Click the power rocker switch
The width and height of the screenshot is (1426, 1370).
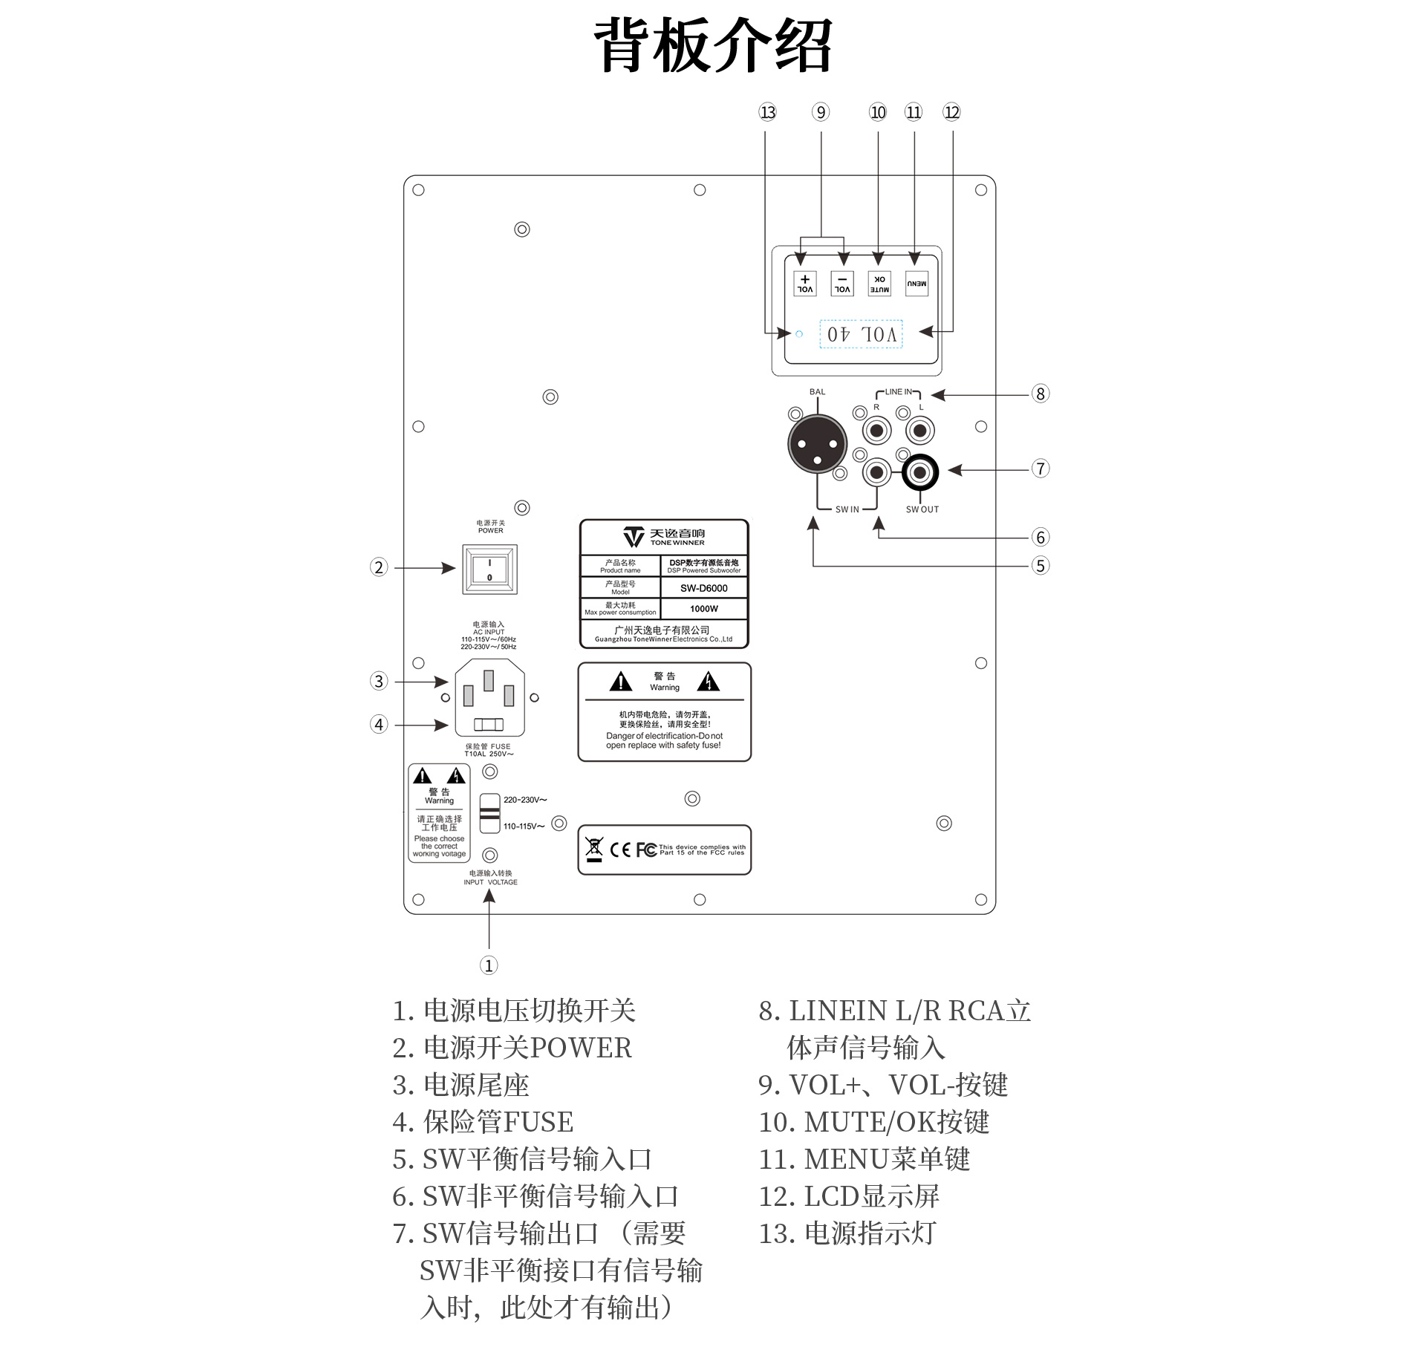click(489, 570)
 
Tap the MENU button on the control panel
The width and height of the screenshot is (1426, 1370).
click(917, 284)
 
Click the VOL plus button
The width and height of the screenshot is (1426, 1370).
click(804, 284)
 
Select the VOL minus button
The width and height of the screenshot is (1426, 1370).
click(842, 284)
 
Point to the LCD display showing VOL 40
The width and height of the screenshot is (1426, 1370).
click(861, 334)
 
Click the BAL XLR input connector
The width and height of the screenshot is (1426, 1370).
click(817, 443)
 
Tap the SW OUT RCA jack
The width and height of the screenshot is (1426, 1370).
click(920, 472)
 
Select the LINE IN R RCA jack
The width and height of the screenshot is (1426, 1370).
click(877, 430)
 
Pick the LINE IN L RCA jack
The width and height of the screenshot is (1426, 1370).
click(920, 430)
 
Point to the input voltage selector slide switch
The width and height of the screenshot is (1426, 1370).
click(489, 813)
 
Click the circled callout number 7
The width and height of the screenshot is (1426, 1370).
click(1041, 469)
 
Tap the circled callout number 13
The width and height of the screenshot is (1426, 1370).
click(767, 112)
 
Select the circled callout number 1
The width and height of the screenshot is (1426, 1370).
click(489, 965)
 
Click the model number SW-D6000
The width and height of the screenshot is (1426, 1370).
click(703, 588)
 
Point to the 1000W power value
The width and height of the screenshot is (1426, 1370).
click(703, 609)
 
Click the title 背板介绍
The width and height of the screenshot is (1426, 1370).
click(713, 46)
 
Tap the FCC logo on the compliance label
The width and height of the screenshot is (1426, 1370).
click(646, 849)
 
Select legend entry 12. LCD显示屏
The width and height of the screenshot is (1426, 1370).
click(849, 1196)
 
